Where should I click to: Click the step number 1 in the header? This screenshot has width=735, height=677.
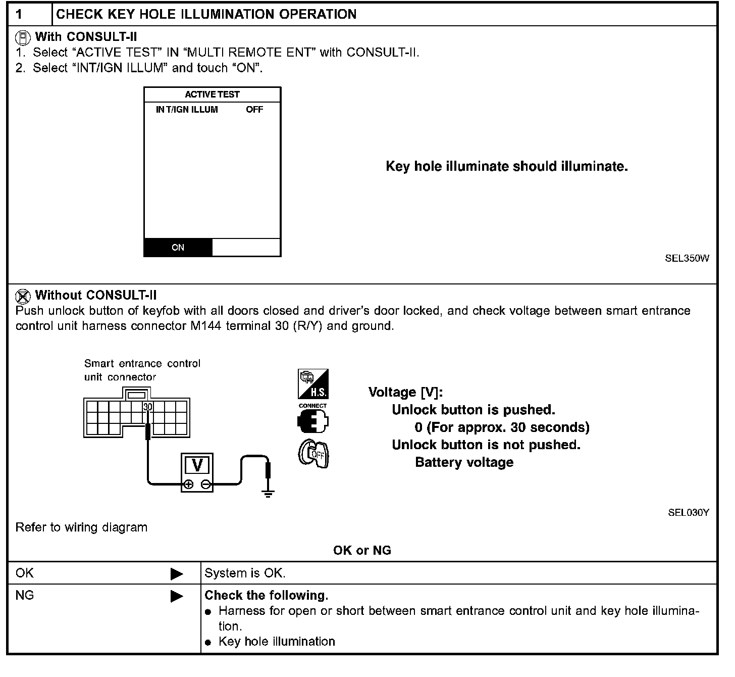20,14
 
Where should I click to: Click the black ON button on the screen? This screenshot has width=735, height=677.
178,248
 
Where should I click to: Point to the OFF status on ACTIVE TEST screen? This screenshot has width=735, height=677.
254,110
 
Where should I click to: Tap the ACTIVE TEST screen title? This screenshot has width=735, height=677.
212,94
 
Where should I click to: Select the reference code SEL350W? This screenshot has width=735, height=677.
687,259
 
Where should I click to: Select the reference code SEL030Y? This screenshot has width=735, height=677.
689,512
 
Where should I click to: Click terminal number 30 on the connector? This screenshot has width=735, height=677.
147,407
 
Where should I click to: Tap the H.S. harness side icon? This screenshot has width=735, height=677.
313,384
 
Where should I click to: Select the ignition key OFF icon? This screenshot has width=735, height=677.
313,454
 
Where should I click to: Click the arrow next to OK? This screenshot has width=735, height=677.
177,574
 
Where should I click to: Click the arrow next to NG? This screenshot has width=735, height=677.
177,596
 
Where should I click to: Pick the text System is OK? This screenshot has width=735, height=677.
245,573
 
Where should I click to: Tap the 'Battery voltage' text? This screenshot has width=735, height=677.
464,462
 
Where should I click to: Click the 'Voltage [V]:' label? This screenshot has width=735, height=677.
405,393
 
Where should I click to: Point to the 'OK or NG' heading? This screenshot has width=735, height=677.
362,551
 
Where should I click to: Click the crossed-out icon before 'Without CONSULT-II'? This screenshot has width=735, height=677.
23,296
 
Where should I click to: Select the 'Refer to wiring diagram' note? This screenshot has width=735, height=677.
81,527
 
